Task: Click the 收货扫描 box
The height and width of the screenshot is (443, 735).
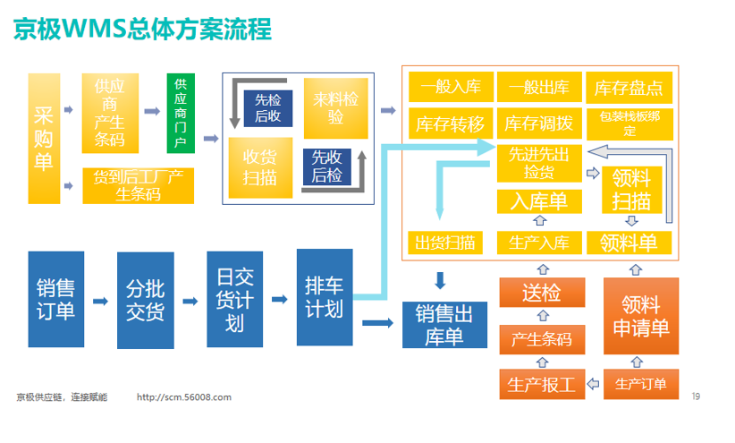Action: (x=259, y=166)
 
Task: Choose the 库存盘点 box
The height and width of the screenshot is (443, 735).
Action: (x=629, y=88)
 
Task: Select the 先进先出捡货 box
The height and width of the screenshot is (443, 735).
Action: (x=538, y=162)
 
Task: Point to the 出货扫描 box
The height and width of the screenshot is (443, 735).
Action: (x=444, y=243)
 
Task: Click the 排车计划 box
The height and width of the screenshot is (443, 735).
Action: (x=324, y=298)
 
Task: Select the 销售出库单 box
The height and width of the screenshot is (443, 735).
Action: (x=444, y=324)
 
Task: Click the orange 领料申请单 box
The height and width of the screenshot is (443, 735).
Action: (x=640, y=317)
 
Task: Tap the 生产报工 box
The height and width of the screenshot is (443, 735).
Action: (x=541, y=384)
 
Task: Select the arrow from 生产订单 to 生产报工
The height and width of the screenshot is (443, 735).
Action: (x=594, y=384)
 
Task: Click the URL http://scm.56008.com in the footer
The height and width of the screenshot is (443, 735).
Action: (x=185, y=397)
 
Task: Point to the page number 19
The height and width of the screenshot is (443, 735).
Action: (x=696, y=395)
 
